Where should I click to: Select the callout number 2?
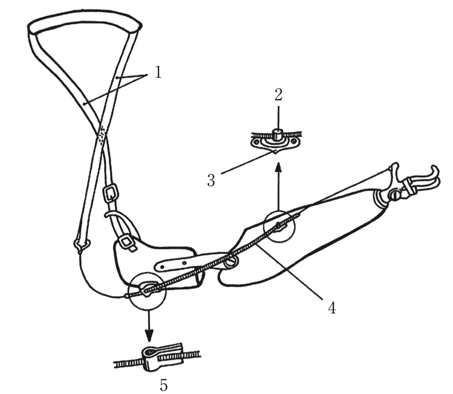click(x=278, y=94)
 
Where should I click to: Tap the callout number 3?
click(x=211, y=180)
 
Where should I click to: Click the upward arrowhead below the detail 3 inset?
click(x=279, y=168)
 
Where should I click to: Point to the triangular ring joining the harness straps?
click(x=82, y=246)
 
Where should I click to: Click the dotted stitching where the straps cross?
click(x=102, y=135)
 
